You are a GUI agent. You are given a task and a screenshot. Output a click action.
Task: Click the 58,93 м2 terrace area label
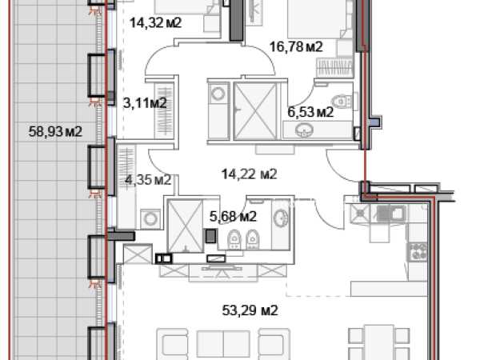(x=55, y=132)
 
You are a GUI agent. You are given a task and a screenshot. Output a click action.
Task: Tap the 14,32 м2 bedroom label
(x=156, y=22)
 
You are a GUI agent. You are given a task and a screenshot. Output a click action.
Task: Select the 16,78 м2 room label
(x=296, y=47)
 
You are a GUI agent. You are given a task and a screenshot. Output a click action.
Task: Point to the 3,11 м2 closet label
(x=145, y=103)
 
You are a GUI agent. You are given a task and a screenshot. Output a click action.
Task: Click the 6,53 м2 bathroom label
(x=310, y=112)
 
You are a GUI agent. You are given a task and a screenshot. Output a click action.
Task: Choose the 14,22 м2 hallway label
(x=249, y=174)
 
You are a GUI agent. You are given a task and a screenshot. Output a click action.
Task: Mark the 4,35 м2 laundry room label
(x=148, y=180)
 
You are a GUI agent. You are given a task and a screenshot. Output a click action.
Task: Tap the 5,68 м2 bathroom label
(x=233, y=217)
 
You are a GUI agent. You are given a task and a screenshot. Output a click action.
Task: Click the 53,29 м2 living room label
(x=250, y=310)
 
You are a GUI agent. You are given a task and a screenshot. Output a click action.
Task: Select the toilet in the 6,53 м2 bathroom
(x=342, y=101)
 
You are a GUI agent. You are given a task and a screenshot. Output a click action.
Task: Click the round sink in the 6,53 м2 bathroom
(x=304, y=130)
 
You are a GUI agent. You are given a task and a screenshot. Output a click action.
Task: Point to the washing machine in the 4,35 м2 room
(x=150, y=219)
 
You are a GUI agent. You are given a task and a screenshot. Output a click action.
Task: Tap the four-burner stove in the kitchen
(x=418, y=252)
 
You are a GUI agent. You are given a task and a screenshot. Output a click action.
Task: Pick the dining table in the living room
(x=379, y=342)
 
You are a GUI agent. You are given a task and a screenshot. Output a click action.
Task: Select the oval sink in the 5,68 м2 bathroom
(x=281, y=218)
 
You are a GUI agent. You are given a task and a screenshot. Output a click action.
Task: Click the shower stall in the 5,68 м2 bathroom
(x=186, y=226)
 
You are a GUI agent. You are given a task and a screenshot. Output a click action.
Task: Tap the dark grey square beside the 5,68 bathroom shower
(x=211, y=236)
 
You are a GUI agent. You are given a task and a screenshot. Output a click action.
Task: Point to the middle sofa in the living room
(x=223, y=344)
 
